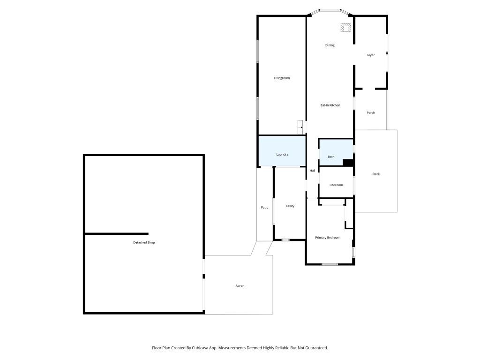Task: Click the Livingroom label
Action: [282, 78]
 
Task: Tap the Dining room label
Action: [330, 45]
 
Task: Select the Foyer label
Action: [370, 55]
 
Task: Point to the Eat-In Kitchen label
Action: [330, 105]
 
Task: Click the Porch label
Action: [370, 112]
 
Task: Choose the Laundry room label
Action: [282, 154]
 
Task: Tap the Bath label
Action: [331, 157]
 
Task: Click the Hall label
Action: [312, 171]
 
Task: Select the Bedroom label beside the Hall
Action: [336, 185]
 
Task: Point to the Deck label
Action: [376, 174]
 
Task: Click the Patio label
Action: [264, 207]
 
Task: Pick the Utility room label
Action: [290, 206]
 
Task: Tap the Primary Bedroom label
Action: [328, 238]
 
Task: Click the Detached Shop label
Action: [144, 243]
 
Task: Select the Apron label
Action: [240, 286]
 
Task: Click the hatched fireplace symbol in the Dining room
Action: [346, 28]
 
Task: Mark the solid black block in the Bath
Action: [348, 163]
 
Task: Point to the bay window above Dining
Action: [330, 10]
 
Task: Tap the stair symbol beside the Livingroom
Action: [300, 127]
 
